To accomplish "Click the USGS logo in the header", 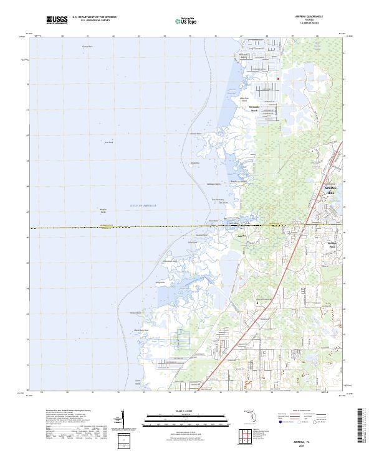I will coord(56,20).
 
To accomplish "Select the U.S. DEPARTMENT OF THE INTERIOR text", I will coord(94,17).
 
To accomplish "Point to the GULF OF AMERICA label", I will coord(144,205).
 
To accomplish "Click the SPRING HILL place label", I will coord(331,190).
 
